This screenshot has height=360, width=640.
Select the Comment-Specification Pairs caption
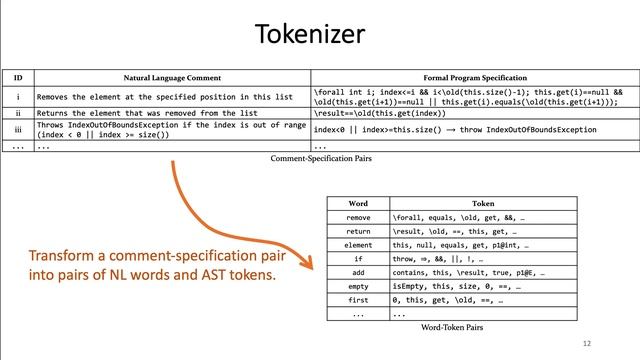click(x=319, y=158)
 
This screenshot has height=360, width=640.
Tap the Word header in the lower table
click(x=357, y=203)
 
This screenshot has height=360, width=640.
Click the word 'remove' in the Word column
click(x=357, y=217)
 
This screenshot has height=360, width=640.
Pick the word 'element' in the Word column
click(x=357, y=243)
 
